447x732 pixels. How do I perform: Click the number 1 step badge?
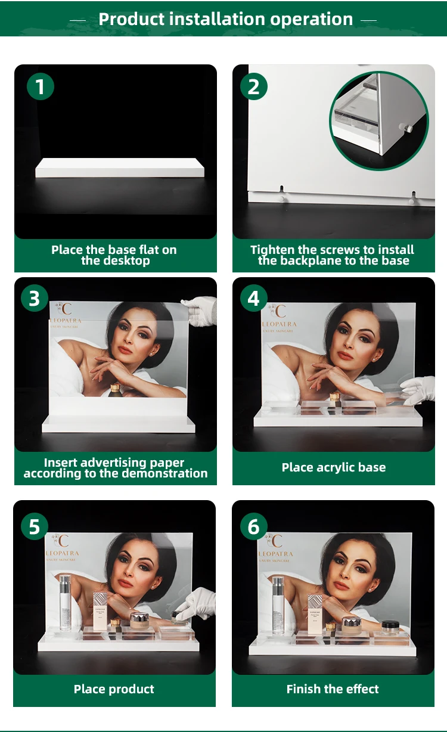[41, 87]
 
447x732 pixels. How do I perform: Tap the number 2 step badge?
[254, 87]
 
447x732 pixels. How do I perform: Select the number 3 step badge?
[35, 298]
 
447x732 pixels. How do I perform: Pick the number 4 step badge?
[254, 298]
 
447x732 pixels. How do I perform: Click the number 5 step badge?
[35, 526]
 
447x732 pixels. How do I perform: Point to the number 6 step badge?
[254, 526]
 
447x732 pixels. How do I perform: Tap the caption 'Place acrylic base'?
[333, 468]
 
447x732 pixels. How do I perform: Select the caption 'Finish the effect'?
[333, 690]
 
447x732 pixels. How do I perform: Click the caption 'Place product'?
[114, 690]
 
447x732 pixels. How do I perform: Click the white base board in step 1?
[119, 168]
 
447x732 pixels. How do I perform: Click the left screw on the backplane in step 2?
[281, 190]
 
